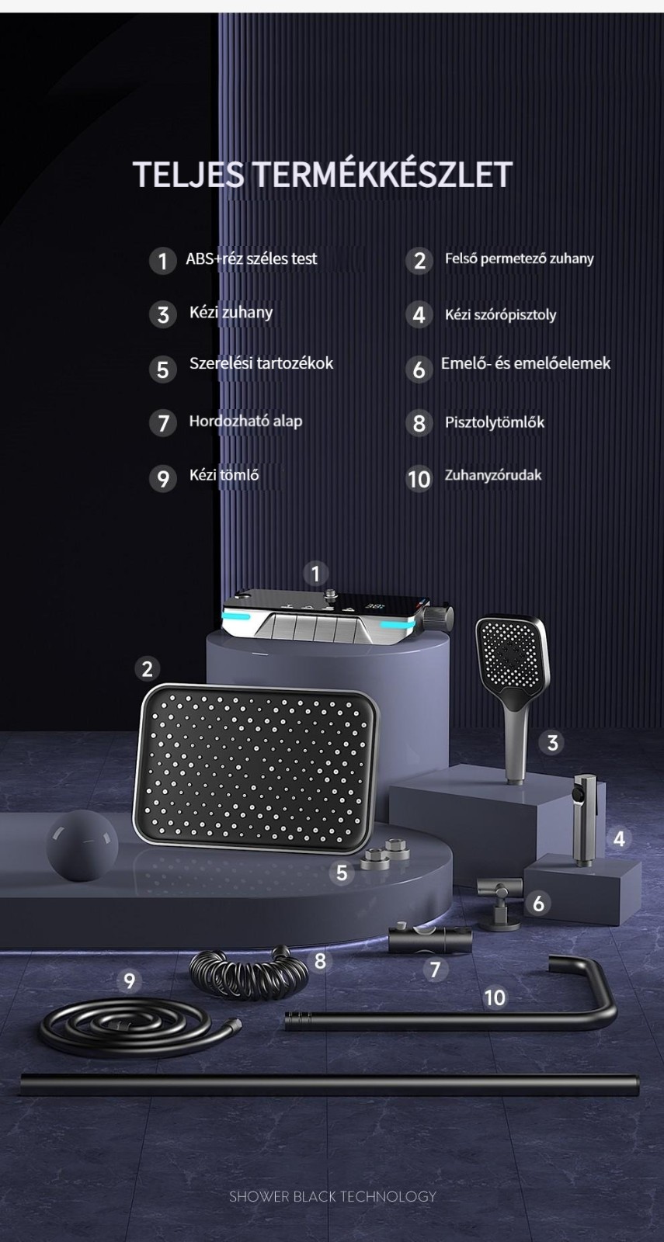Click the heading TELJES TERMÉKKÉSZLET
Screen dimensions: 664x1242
click(x=322, y=174)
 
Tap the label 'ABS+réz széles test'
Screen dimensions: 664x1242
click(x=252, y=259)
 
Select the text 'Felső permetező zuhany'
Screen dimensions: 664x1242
click(x=520, y=258)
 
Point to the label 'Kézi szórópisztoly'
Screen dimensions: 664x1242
click(x=500, y=315)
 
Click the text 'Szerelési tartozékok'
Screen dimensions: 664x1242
click(x=261, y=363)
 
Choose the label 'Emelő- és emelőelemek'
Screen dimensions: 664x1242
click(x=525, y=363)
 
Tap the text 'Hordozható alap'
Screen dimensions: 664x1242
click(x=245, y=422)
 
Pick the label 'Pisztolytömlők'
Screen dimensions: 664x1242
click(x=494, y=422)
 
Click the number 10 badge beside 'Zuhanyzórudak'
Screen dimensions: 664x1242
click(x=419, y=479)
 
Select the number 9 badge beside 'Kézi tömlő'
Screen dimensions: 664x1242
click(x=162, y=478)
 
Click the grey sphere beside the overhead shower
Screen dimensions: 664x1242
click(x=82, y=845)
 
